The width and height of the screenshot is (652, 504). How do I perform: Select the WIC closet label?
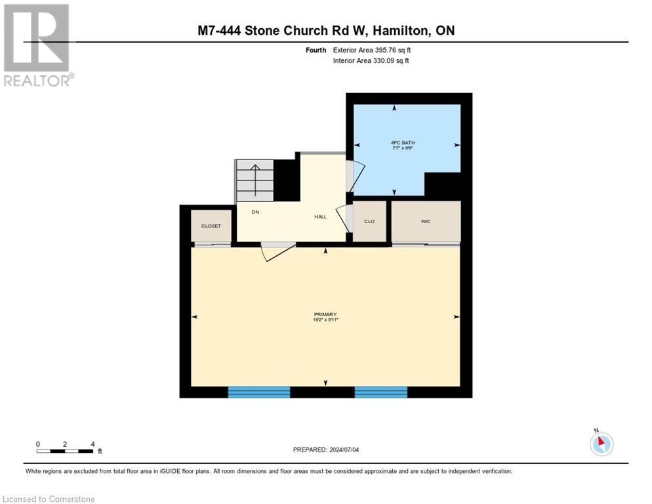point(426,221)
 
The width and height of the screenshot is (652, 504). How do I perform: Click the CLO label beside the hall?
point(369,221)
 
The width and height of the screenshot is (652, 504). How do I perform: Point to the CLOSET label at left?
point(211,226)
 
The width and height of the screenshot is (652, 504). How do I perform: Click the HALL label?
point(320,217)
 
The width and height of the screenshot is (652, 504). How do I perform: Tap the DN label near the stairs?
point(255,212)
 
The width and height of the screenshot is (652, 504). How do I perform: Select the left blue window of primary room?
point(258,392)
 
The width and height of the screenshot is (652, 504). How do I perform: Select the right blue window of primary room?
point(380,392)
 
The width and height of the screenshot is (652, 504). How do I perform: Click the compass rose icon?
point(601,444)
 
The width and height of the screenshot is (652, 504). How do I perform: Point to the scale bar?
point(65,451)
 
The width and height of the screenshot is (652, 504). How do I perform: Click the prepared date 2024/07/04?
point(325,450)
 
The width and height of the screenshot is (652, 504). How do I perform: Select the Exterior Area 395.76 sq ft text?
point(372,51)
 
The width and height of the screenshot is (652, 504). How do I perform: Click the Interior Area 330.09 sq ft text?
point(371,61)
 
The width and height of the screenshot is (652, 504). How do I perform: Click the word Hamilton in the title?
point(396,30)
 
